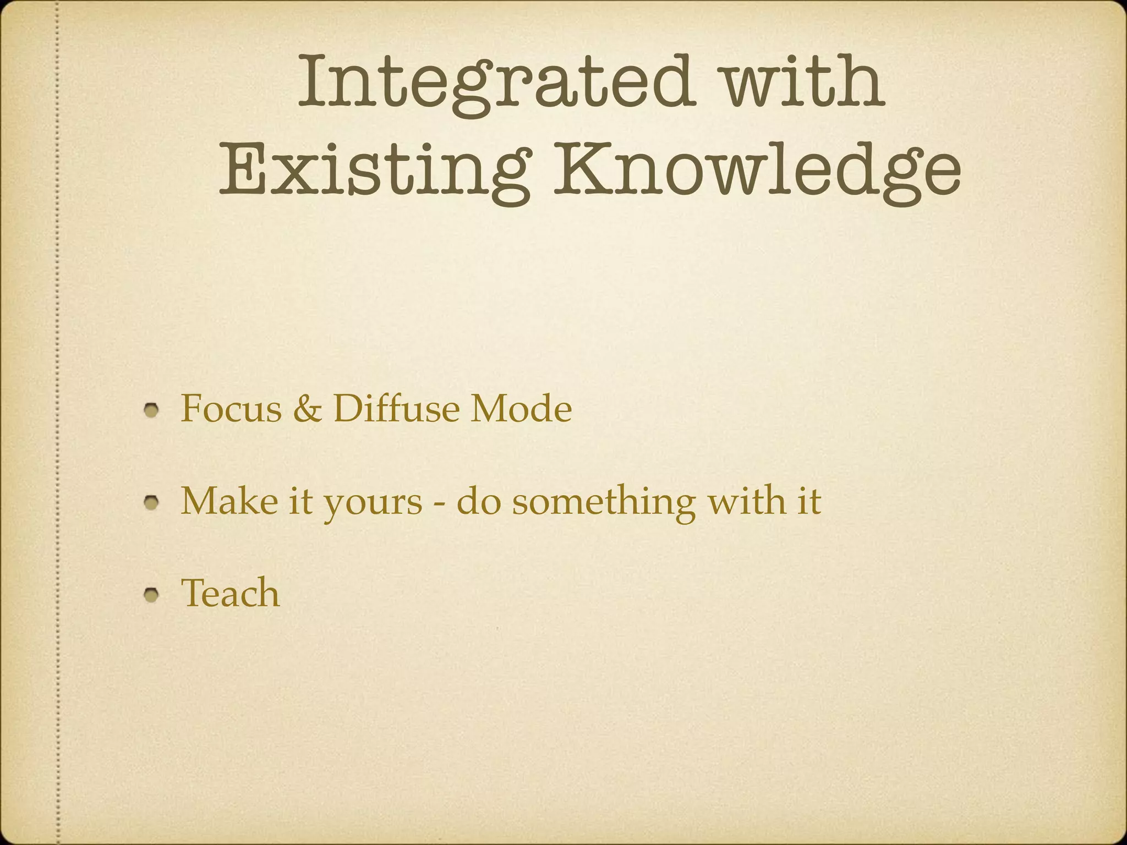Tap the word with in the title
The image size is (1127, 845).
tap(804, 83)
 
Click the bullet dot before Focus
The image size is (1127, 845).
tap(152, 410)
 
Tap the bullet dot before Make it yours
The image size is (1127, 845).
tap(152, 502)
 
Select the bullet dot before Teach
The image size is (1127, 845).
tap(152, 594)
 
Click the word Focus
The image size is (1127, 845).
tap(231, 409)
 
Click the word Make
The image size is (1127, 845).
tap(229, 501)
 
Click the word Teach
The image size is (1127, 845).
tap(231, 593)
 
